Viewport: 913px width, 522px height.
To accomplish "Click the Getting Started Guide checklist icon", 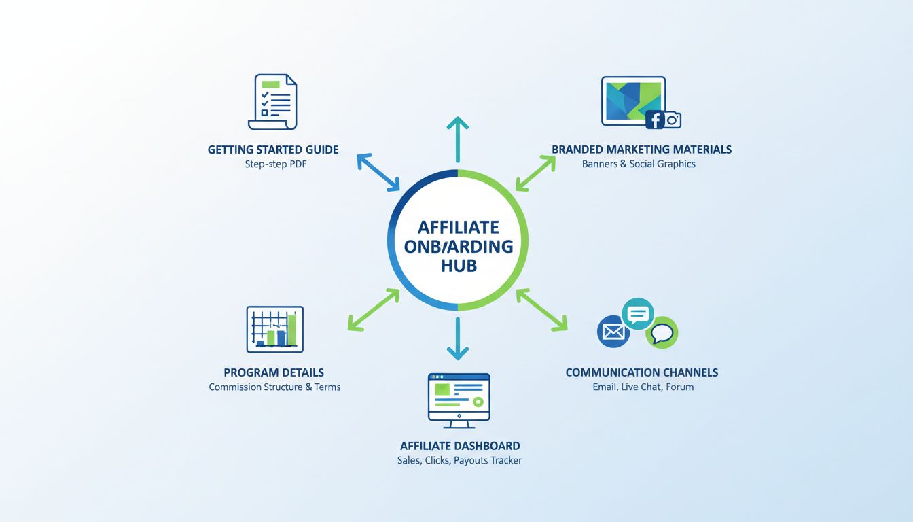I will pyautogui.click(x=273, y=102).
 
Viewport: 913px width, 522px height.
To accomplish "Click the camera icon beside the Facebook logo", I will pyautogui.click(x=673, y=120).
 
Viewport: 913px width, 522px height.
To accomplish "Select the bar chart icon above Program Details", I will pyautogui.click(x=275, y=329).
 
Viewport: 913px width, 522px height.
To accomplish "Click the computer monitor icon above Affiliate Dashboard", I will pyautogui.click(x=459, y=400).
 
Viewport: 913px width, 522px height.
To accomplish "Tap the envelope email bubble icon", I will pyautogui.click(x=613, y=332).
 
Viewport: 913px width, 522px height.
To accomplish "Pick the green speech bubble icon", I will pyautogui.click(x=662, y=333).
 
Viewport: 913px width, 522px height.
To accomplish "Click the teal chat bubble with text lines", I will pyautogui.click(x=638, y=314).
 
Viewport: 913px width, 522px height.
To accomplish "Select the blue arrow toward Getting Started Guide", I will pyautogui.click(x=379, y=172).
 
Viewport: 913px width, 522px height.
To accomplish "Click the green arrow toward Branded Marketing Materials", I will pyautogui.click(x=536, y=173).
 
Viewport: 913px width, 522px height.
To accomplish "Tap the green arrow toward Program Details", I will pyautogui.click(x=373, y=310).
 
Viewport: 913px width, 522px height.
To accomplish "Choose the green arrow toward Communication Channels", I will pyautogui.click(x=541, y=310).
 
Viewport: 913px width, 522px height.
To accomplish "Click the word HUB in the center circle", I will pyautogui.click(x=459, y=265).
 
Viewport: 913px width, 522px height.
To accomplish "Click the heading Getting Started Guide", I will pyautogui.click(x=273, y=150).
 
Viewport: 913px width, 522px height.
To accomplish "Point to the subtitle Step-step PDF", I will pyautogui.click(x=276, y=164).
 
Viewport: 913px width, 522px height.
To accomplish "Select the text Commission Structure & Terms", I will pyautogui.click(x=274, y=387).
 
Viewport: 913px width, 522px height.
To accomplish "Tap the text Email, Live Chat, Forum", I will pyautogui.click(x=643, y=387).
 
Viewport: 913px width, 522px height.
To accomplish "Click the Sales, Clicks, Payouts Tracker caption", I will pyautogui.click(x=459, y=461).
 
